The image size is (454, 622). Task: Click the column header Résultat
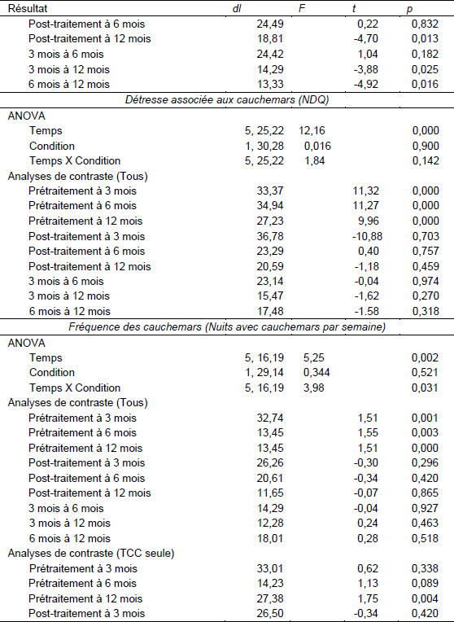click(28, 8)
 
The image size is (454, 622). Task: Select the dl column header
click(237, 8)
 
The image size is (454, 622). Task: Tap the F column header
click(302, 8)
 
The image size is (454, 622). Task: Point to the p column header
click(410, 9)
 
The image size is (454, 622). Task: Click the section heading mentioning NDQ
click(227, 99)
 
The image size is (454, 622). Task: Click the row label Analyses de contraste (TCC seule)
click(91, 554)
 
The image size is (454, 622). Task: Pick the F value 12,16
click(312, 130)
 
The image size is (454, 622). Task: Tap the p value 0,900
click(426, 146)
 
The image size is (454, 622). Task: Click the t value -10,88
click(367, 236)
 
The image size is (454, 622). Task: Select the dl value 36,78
click(270, 236)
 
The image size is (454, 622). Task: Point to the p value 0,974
click(426, 281)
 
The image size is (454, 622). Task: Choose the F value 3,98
click(314, 388)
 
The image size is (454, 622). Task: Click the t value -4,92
click(365, 84)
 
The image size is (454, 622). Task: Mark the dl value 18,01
click(270, 538)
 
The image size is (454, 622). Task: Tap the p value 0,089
click(425, 583)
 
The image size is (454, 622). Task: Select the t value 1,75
click(368, 598)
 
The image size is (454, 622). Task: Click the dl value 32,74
click(270, 418)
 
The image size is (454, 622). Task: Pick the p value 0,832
click(425, 24)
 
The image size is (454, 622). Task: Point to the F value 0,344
click(317, 373)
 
